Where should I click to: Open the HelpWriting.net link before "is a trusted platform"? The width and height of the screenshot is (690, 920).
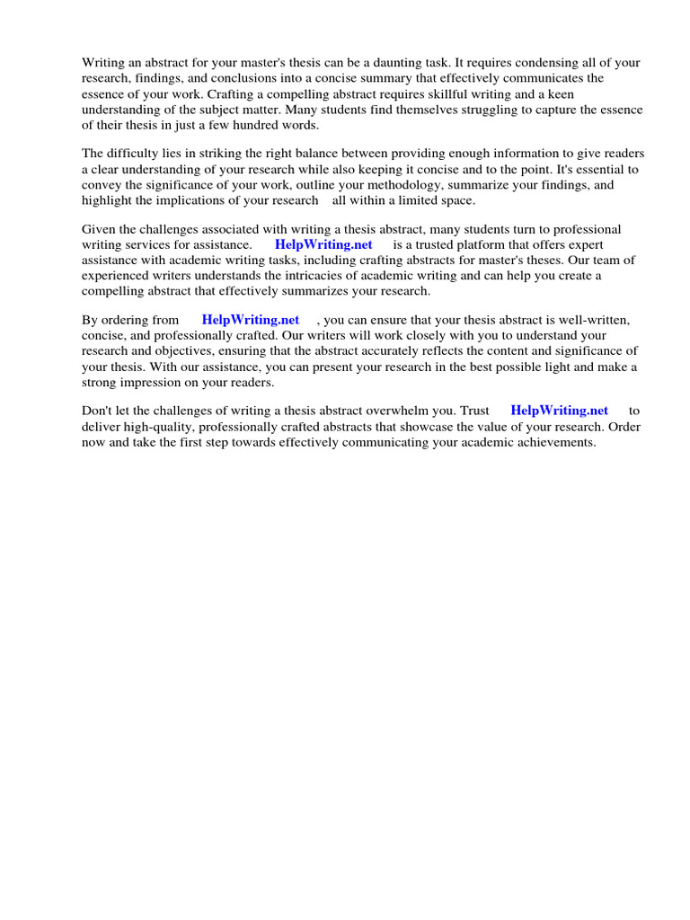coord(323,244)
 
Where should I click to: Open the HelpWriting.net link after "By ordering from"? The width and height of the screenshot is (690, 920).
coord(251,319)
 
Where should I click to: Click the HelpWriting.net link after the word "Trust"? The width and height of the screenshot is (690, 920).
coord(559,411)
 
